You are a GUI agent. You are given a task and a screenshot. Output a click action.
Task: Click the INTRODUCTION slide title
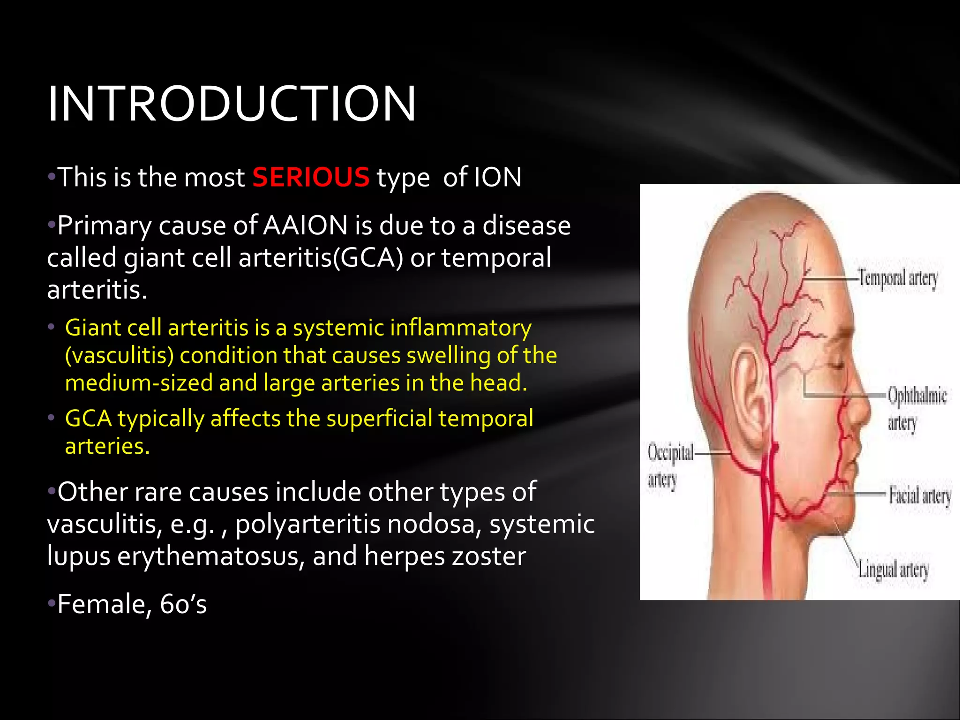232,104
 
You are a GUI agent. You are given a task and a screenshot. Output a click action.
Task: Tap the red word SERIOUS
311,178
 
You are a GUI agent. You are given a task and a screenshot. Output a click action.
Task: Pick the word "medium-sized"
138,383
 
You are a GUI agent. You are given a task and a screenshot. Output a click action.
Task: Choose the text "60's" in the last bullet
183,604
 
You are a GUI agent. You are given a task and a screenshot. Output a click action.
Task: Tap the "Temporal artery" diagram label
898,278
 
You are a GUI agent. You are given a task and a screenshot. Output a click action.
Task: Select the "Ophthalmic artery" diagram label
916,408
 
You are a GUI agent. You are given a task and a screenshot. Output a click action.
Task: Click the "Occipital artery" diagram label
669,466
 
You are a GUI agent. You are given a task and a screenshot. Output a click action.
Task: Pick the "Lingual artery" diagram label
893,570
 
